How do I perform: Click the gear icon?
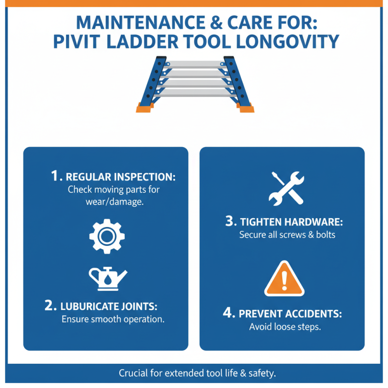pos(107,236)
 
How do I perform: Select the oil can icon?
pos(107,278)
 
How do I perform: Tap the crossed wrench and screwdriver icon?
pos(286,188)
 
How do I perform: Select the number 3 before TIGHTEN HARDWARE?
pos(230,222)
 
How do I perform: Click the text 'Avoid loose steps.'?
pos(285,327)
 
